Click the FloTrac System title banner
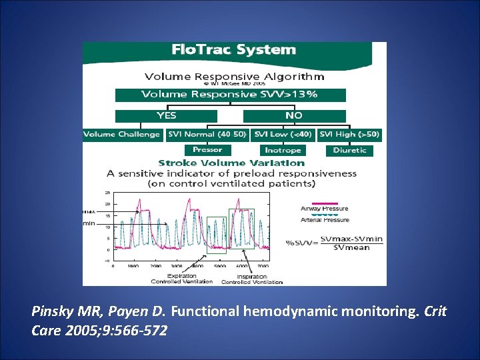pos(233,51)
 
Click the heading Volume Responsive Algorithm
pos(231,76)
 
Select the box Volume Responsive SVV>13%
pos(231,95)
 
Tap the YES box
pos(166,115)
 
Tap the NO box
pos(294,115)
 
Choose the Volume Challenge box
pos(122,135)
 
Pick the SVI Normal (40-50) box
pos(207,135)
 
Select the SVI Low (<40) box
pos(283,135)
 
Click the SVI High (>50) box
pos(350,135)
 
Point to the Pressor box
pos(207,150)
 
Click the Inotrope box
pos(283,150)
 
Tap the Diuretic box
pos(350,150)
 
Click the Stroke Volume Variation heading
pos(231,163)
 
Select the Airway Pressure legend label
pos(325,209)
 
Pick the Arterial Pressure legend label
pos(325,220)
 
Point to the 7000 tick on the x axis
pos(263,266)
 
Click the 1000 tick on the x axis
pos(134,266)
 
